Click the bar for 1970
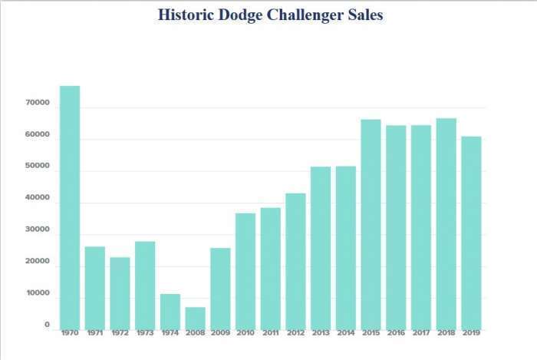pos(70,207)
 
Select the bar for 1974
pos(170,312)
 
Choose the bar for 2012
pos(296,261)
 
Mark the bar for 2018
pos(446,223)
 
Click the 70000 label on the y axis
pos(37,103)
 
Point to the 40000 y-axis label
pos(37,198)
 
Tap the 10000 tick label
pos(37,293)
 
